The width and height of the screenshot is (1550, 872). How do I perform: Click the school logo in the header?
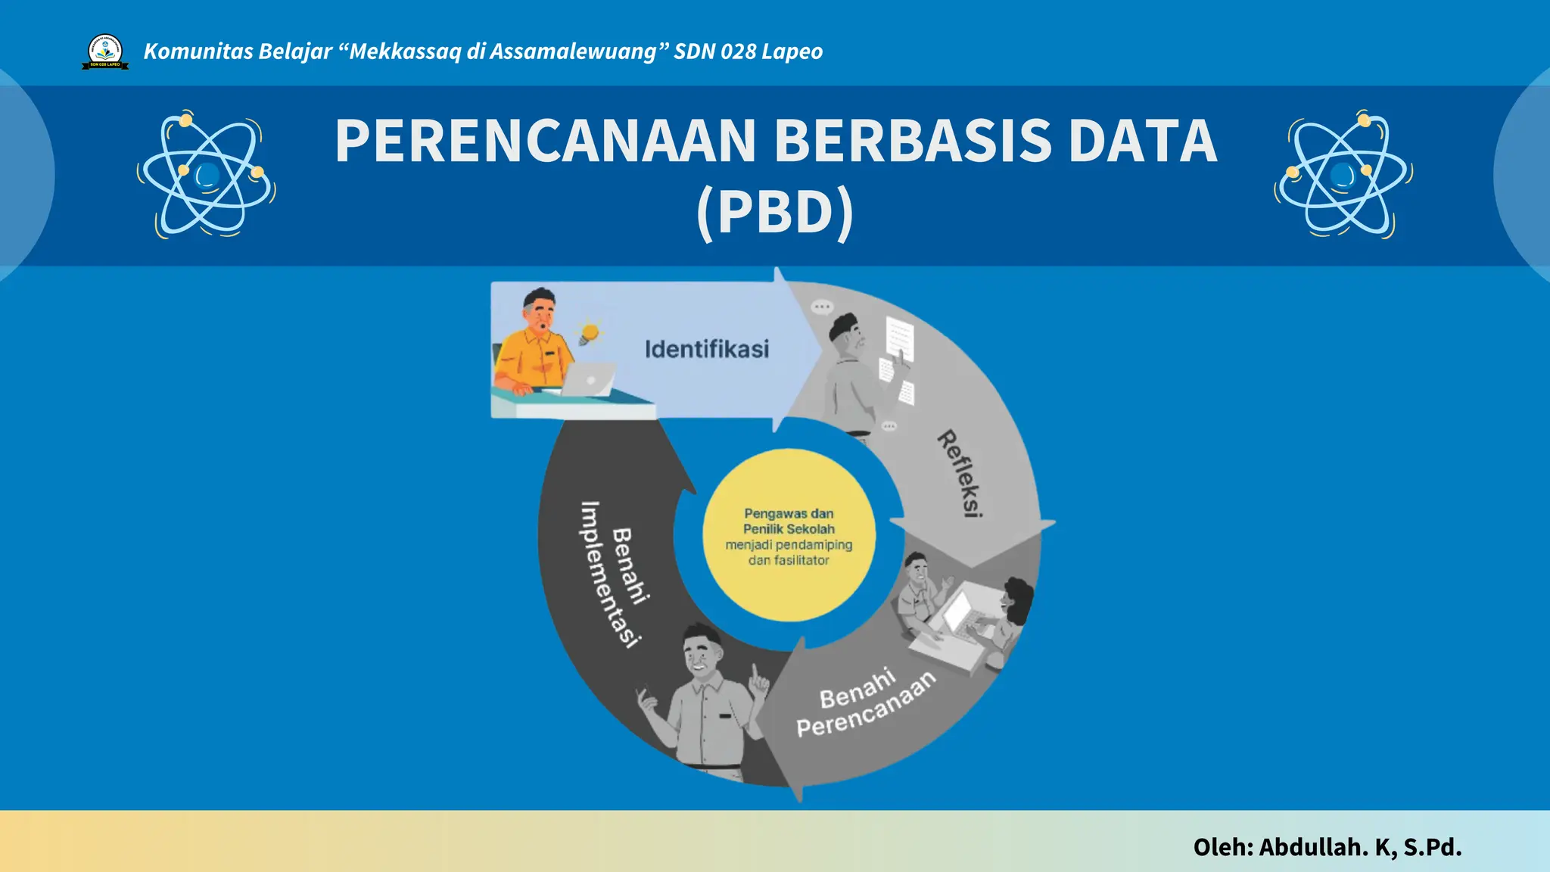105,51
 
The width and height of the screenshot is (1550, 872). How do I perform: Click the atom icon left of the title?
206,175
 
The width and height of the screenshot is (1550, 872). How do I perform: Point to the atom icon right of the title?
1343,175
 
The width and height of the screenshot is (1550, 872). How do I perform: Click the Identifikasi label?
706,349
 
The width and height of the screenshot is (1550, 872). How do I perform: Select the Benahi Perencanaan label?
865,703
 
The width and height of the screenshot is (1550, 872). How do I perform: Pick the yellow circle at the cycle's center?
789,536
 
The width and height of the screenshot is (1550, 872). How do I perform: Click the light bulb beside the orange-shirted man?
589,333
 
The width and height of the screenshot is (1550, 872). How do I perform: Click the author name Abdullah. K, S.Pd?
1360,847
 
